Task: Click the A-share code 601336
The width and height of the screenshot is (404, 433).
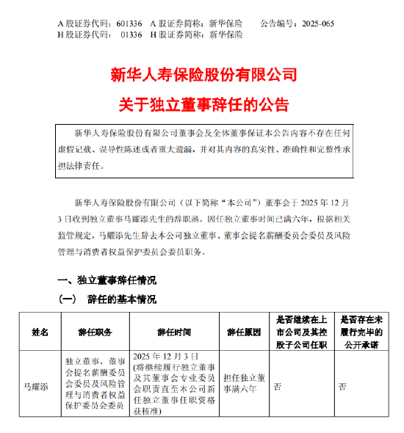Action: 131,23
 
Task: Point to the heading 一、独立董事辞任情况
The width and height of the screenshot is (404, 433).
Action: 107,280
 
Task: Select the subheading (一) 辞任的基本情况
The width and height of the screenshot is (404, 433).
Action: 107,300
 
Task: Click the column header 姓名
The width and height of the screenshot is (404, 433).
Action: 37,332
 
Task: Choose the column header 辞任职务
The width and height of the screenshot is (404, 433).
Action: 95,332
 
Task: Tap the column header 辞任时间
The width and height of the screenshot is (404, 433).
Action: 171,332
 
